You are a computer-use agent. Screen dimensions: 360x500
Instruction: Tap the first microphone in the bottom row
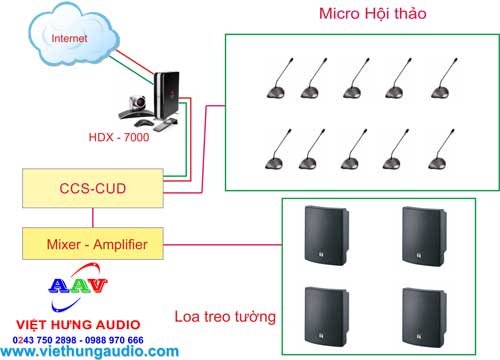coord(274,151)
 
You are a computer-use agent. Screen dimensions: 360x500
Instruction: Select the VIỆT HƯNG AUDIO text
coord(72,323)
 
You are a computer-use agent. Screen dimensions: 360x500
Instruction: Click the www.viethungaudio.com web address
coord(84,352)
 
